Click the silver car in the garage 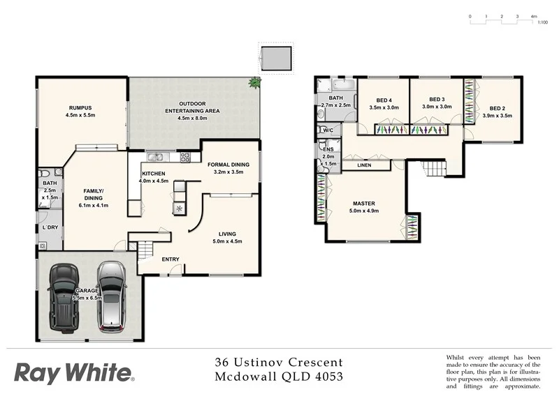tap(110, 296)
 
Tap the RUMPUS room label tap(80, 108)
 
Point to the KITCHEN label tap(153, 174)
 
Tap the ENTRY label tap(170, 259)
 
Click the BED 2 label tap(497, 109)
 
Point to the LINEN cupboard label tap(364, 166)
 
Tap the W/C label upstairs tap(327, 130)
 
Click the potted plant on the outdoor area tap(254, 83)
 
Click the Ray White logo tap(73, 372)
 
